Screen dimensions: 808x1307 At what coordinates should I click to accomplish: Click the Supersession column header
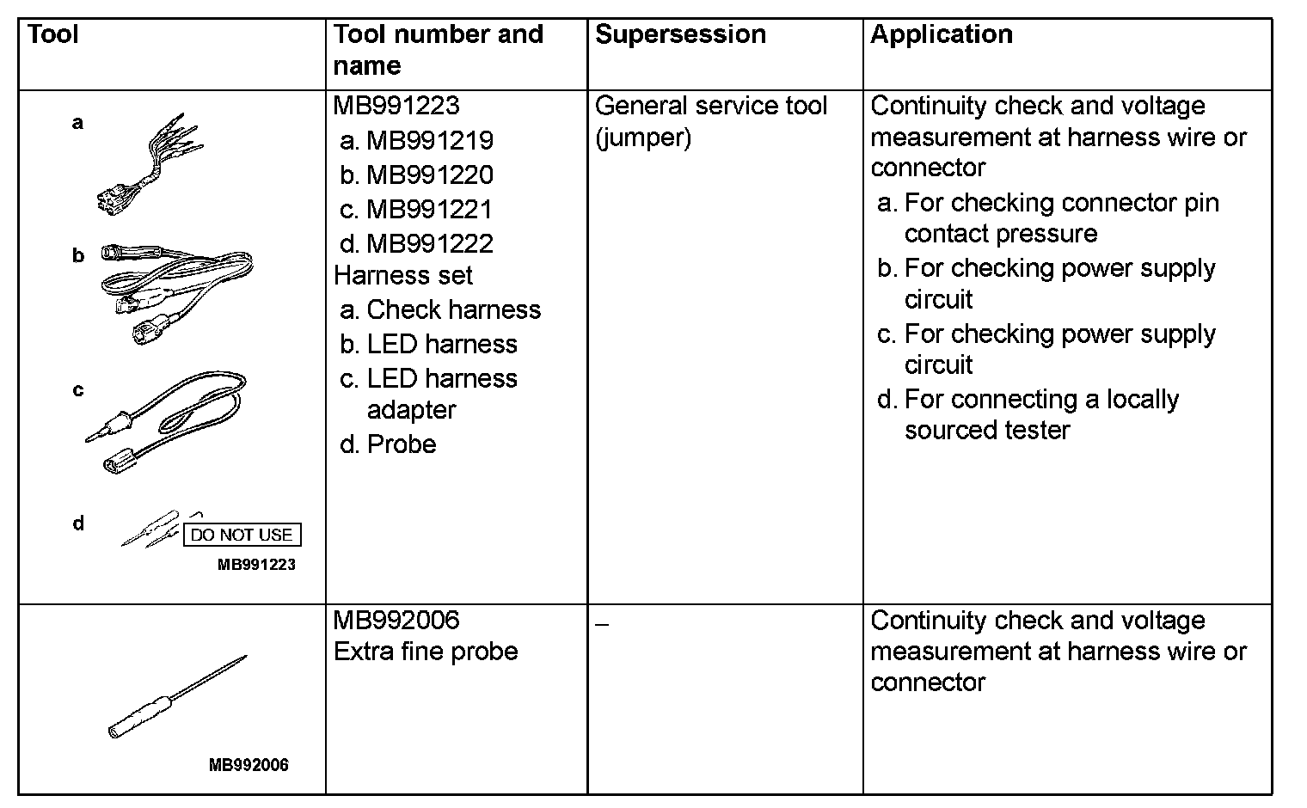(x=680, y=35)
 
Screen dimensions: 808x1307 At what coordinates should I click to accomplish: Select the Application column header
(x=942, y=35)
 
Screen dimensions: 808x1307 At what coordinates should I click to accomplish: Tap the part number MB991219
(x=430, y=141)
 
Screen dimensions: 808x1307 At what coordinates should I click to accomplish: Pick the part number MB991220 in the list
(x=430, y=175)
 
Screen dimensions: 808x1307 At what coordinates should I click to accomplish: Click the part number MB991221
(x=430, y=210)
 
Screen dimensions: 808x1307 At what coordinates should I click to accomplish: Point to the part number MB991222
(x=430, y=244)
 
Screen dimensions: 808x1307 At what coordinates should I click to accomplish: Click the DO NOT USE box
(x=242, y=535)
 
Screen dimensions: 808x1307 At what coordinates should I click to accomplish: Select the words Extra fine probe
(x=426, y=652)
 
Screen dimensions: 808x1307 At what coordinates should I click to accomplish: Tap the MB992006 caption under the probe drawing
(x=249, y=765)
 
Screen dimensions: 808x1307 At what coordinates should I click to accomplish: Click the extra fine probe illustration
(x=176, y=698)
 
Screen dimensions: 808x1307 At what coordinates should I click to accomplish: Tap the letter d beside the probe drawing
(x=78, y=523)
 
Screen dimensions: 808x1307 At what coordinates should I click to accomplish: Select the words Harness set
(x=403, y=276)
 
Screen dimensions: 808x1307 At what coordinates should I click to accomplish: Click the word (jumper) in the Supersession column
(x=643, y=138)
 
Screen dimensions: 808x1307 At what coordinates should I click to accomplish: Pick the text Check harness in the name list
(x=454, y=310)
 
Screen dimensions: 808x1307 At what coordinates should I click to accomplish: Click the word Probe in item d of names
(x=402, y=444)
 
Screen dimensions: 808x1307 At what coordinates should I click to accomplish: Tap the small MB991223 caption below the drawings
(x=256, y=565)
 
